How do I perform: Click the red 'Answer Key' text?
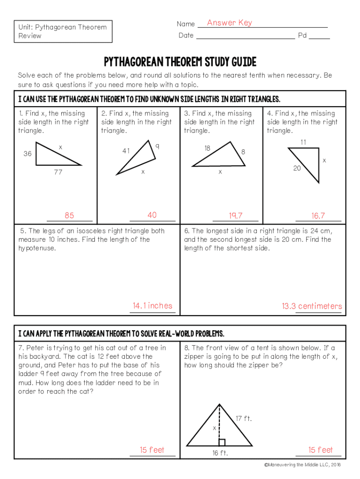tap(229, 23)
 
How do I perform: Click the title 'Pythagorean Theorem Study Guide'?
tap(180, 62)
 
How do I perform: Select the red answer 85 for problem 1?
tap(69, 216)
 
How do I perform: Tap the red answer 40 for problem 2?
tap(152, 215)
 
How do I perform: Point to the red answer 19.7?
tap(236, 216)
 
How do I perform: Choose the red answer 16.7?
tap(318, 216)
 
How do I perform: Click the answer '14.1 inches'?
tap(152, 306)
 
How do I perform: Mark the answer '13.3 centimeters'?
tap(311, 306)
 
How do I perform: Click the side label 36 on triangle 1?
tap(28, 154)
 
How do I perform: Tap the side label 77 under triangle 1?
tap(58, 173)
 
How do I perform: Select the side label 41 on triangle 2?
tap(126, 151)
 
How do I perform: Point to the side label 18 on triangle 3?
tap(207, 148)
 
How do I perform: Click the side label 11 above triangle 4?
tap(303, 142)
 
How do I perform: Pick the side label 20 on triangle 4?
tap(297, 168)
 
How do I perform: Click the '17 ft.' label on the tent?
tap(244, 419)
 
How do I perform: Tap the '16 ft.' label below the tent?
tap(220, 453)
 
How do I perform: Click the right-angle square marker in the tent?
tap(222, 442)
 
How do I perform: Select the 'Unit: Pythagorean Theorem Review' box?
tap(63, 31)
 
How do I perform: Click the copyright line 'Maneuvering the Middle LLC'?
tap(302, 465)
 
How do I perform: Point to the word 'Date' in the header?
tap(186, 36)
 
